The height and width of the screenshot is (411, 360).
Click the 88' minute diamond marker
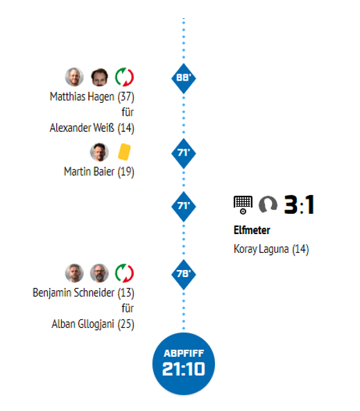(x=184, y=78)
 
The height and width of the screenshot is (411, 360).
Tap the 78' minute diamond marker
(x=184, y=274)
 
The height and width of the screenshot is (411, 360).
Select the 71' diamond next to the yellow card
(x=184, y=153)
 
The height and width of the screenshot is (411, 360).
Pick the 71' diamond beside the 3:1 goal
(x=184, y=206)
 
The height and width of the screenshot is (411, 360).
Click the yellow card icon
(x=124, y=152)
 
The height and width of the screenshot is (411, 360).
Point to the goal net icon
(x=243, y=205)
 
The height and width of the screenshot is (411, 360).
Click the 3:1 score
(x=299, y=205)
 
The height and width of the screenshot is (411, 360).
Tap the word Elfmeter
(x=252, y=230)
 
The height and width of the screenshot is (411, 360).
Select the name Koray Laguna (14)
(x=271, y=249)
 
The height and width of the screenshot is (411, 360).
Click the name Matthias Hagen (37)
(x=92, y=97)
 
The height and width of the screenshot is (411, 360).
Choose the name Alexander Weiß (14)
(x=92, y=128)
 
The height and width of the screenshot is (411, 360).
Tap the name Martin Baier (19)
(x=99, y=171)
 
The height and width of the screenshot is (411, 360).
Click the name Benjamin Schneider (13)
(x=83, y=293)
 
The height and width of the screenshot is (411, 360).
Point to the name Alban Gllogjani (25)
(x=93, y=324)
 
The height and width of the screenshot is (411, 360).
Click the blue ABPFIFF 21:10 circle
(x=184, y=364)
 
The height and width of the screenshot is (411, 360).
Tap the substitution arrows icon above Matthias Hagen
(x=124, y=77)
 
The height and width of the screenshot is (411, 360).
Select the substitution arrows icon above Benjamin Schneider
(x=124, y=273)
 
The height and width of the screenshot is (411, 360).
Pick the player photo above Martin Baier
(x=99, y=152)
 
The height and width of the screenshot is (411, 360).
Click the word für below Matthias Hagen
(x=128, y=112)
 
